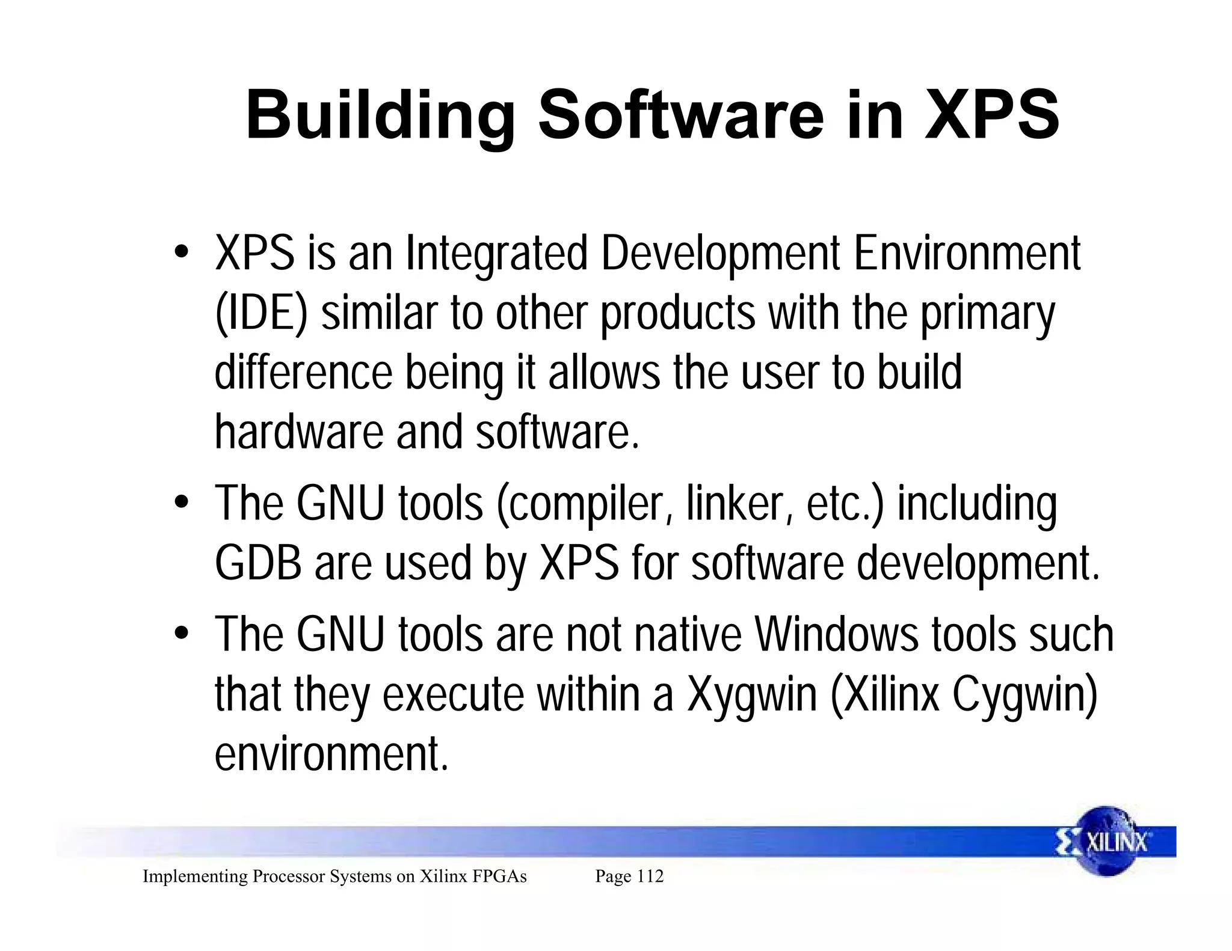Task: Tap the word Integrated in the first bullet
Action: (x=496, y=253)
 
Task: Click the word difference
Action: (x=303, y=373)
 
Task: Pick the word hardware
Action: (x=298, y=432)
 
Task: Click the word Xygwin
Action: (x=752, y=695)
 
